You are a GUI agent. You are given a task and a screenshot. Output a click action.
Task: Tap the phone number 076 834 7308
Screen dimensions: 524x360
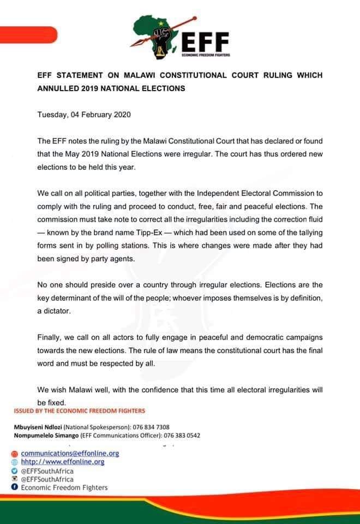tap(154, 426)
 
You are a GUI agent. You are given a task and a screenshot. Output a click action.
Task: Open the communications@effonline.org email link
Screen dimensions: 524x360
tap(70, 454)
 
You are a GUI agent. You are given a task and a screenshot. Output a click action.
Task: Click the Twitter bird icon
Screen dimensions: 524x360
tap(14, 471)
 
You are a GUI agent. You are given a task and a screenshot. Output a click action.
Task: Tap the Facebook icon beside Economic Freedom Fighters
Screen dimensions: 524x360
tap(14, 487)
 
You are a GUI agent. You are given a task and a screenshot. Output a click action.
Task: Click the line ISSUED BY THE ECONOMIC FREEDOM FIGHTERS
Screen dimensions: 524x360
tap(79, 410)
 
